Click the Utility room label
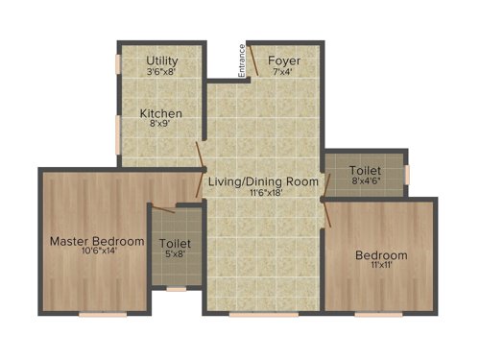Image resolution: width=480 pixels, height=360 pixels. click(161, 60)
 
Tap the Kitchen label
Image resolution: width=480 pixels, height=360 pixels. click(160, 113)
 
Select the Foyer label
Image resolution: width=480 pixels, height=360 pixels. click(284, 60)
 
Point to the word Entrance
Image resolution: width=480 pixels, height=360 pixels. click(243, 60)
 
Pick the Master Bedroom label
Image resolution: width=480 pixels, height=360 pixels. click(98, 240)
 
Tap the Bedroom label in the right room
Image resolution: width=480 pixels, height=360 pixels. click(380, 254)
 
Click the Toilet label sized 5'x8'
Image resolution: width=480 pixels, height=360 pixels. click(174, 244)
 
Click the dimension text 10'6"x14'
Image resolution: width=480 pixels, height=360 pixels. click(98, 252)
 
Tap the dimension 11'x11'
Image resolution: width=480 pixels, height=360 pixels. click(380, 266)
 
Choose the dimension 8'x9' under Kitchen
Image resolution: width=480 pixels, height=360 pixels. click(160, 124)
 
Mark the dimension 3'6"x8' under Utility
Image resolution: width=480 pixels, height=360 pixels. click(161, 71)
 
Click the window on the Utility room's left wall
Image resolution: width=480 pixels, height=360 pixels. click(118, 63)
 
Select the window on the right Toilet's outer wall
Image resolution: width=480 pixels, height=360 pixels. click(407, 173)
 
